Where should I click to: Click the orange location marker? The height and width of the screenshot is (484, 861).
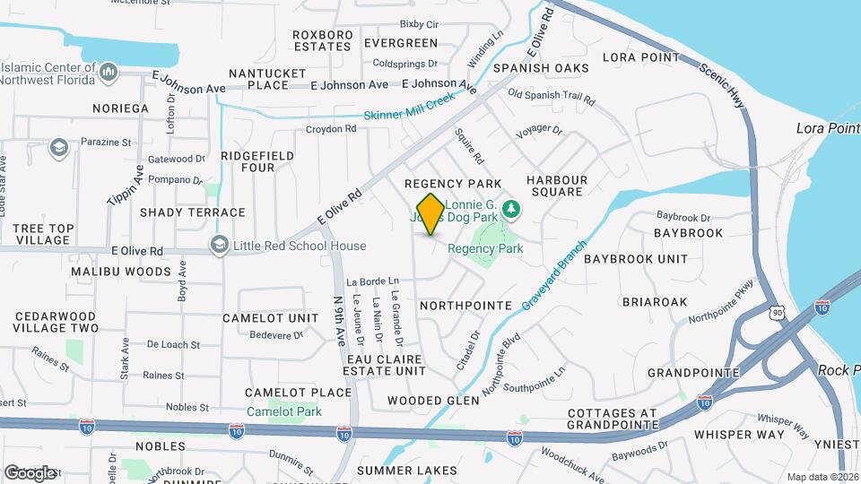tap(430, 213)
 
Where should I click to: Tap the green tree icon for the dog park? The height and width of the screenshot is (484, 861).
tap(511, 209)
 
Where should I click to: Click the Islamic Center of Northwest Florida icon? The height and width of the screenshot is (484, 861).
tap(109, 71)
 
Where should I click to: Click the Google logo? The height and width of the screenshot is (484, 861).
tap(30, 472)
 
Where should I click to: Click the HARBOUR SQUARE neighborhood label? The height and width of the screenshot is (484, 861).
tap(557, 186)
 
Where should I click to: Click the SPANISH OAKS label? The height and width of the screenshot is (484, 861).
tap(540, 68)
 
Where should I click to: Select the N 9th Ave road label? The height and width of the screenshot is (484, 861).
tap(339, 323)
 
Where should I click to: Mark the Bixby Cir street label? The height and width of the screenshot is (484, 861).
tap(419, 24)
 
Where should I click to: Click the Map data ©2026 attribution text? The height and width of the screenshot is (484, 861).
tap(822, 477)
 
